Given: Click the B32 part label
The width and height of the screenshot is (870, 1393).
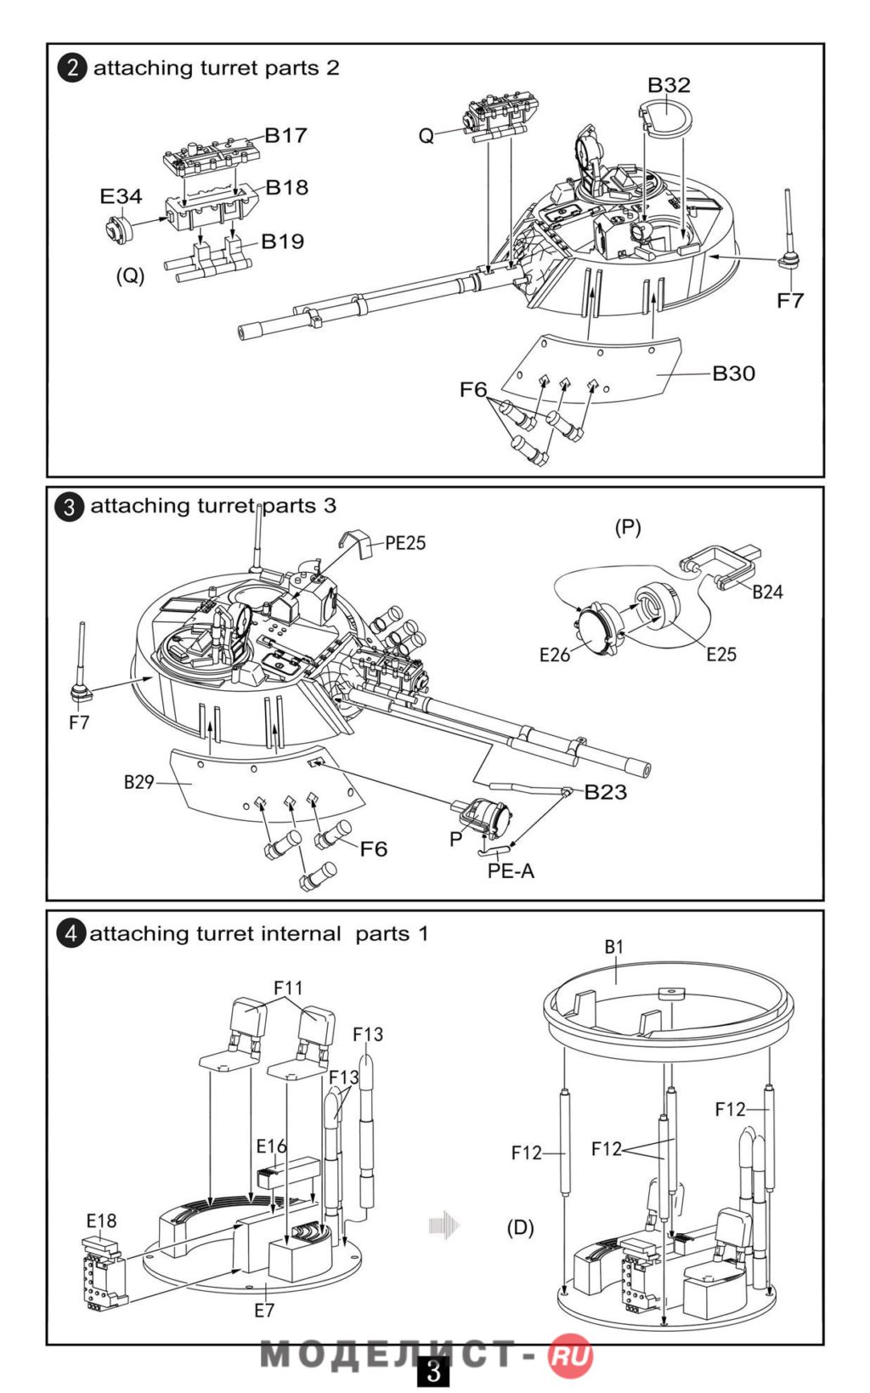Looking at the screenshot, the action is [x=669, y=85].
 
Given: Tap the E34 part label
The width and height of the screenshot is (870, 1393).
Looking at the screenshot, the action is [x=121, y=195].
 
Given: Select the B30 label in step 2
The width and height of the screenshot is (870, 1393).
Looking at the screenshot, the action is [x=734, y=373].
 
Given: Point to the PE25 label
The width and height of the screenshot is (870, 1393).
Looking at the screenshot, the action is [x=405, y=542].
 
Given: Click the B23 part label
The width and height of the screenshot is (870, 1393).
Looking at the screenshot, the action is [x=606, y=791].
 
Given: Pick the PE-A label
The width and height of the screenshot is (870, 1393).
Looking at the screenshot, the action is [x=511, y=870].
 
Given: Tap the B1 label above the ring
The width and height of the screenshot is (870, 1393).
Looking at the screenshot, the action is [x=613, y=947].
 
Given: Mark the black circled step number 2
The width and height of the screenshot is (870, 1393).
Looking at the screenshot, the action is [x=72, y=68].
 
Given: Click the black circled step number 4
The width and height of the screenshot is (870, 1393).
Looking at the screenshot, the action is [x=71, y=934].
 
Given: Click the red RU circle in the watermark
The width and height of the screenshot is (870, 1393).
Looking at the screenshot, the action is [x=570, y=1357].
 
